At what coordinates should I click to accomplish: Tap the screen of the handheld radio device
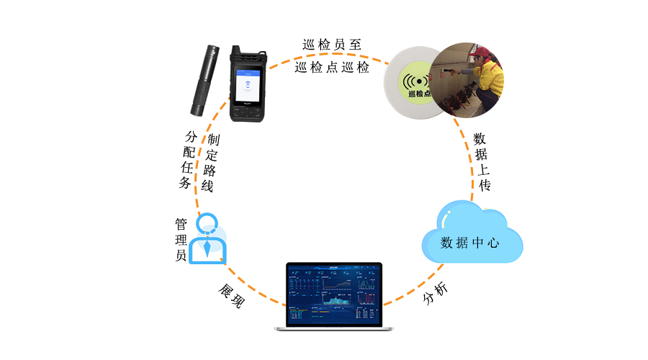(x=247, y=83)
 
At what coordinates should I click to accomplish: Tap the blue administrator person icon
(x=207, y=239)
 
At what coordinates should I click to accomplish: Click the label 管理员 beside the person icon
(x=181, y=240)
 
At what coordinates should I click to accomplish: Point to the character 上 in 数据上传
(x=483, y=170)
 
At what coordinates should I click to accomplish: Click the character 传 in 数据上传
(x=484, y=185)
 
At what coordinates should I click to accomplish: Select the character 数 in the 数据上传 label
(x=480, y=139)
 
